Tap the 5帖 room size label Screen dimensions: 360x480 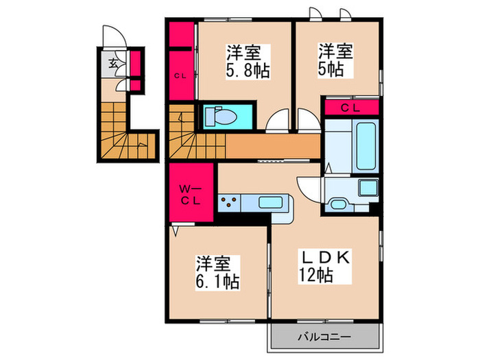[x=334, y=69]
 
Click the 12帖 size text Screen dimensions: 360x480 [x=315, y=276]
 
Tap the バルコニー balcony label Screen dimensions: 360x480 [x=324, y=337]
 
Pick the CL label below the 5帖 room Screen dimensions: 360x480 [x=350, y=108]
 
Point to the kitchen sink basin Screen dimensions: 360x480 [x=270, y=203]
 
